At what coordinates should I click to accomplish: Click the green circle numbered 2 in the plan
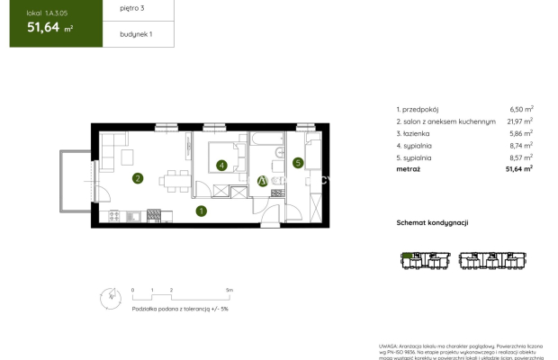(x=137, y=178)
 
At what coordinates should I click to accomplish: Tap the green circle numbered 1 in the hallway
(x=202, y=211)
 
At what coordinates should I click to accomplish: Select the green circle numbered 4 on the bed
(x=221, y=166)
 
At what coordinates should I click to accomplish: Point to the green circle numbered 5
(x=298, y=163)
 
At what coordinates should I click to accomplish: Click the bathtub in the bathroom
(x=267, y=141)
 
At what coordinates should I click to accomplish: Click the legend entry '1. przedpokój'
(x=421, y=106)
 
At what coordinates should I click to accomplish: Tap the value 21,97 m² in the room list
(x=519, y=119)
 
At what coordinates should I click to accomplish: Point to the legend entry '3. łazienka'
(x=417, y=131)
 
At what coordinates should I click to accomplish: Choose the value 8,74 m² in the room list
(x=521, y=144)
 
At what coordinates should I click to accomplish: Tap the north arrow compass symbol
(x=110, y=295)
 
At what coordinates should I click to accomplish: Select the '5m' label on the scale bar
(x=229, y=290)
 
